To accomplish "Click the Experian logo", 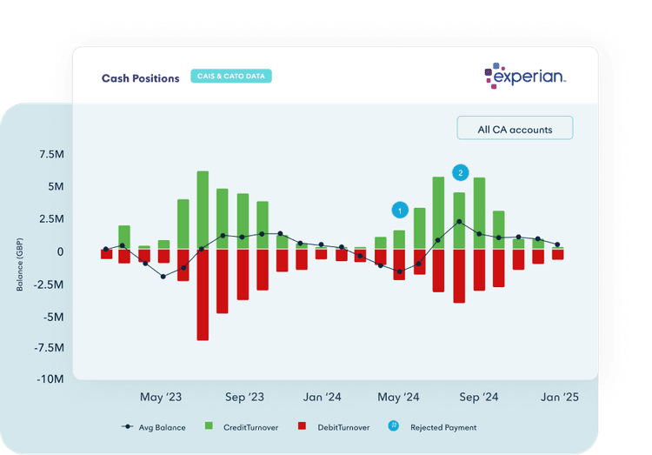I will click(x=525, y=77).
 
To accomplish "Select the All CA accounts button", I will click(x=515, y=130).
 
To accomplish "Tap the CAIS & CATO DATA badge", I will click(x=231, y=77).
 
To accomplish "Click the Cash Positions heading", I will click(x=140, y=77).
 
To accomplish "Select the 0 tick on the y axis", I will click(x=61, y=251).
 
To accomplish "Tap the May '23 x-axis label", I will click(x=162, y=398).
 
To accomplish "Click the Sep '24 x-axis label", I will click(x=479, y=398).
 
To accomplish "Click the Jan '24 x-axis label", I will click(x=323, y=398).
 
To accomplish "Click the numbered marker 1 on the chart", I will click(x=399, y=211).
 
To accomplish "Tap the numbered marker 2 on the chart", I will click(x=460, y=172).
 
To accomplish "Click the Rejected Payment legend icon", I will click(x=394, y=426).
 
